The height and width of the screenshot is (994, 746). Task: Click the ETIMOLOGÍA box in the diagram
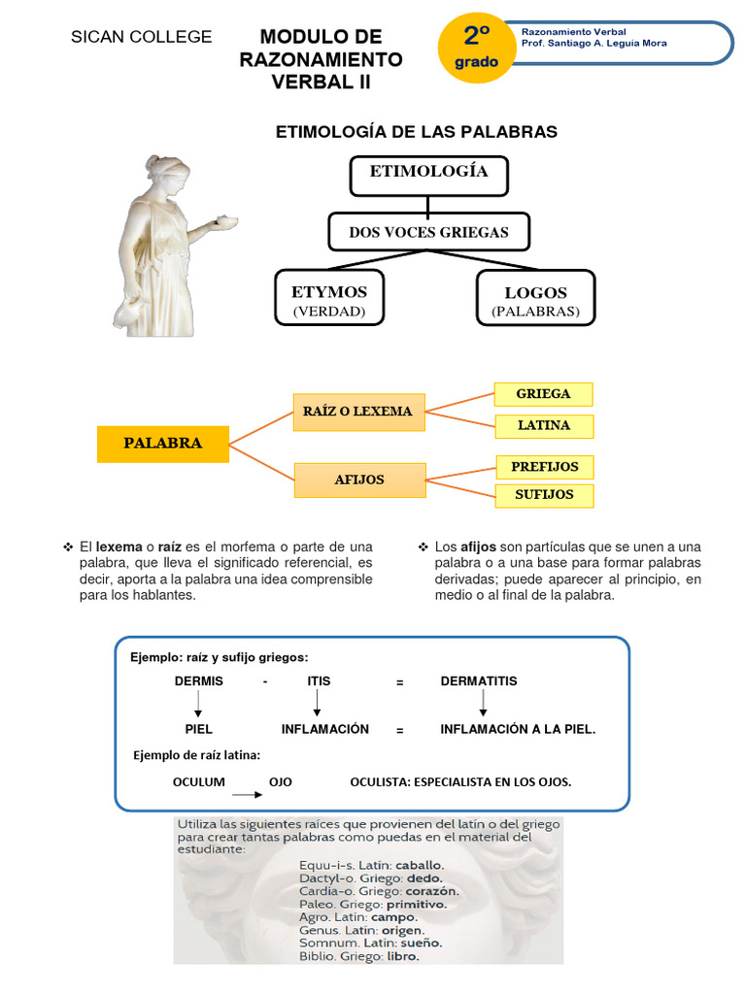click(x=428, y=175)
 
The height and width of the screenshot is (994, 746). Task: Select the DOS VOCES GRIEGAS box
click(x=428, y=232)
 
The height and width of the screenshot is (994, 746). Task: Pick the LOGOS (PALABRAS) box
click(x=535, y=300)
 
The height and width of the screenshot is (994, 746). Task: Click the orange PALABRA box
click(x=163, y=444)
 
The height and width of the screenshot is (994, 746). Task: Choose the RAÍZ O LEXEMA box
click(x=357, y=412)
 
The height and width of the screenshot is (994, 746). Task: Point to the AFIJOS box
click(x=359, y=480)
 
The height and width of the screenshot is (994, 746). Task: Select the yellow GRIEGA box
click(x=543, y=394)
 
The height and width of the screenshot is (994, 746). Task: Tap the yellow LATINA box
click(x=543, y=425)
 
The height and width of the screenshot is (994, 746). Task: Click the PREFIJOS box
click(x=544, y=467)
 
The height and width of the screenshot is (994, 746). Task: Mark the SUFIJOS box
click(x=544, y=495)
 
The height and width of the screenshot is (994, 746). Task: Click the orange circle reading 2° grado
click(x=476, y=47)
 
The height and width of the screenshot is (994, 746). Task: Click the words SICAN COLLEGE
click(x=142, y=38)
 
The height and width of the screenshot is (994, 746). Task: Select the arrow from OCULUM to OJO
click(x=247, y=794)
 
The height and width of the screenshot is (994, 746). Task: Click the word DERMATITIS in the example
click(x=479, y=681)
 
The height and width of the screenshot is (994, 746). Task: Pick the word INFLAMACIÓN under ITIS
click(x=325, y=729)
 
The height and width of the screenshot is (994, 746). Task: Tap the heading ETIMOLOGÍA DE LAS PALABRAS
click(x=418, y=132)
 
